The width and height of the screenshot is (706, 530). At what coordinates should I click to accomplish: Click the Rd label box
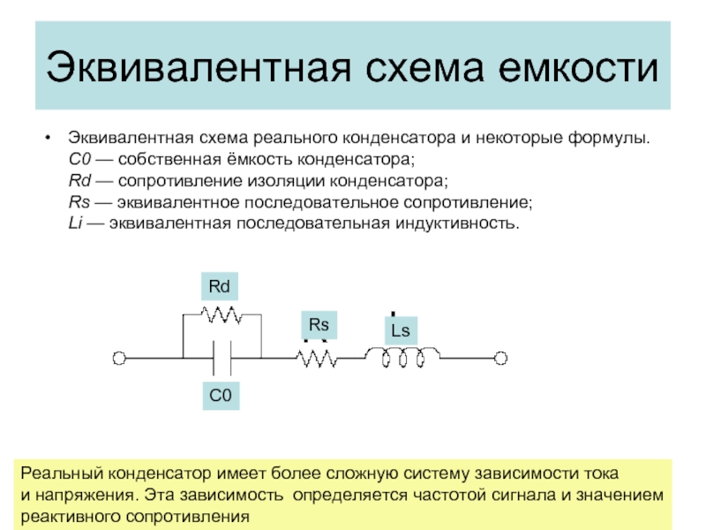click(x=219, y=287)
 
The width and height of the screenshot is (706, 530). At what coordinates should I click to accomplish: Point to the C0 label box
click(x=221, y=397)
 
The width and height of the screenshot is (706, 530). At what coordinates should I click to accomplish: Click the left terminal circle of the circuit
click(x=118, y=358)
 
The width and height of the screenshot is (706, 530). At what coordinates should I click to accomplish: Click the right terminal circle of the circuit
click(x=501, y=358)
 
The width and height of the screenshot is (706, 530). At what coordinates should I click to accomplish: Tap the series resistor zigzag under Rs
click(x=316, y=358)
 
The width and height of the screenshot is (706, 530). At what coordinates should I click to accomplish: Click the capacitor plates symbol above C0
click(x=221, y=358)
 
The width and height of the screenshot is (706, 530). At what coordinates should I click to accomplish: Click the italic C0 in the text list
click(x=78, y=161)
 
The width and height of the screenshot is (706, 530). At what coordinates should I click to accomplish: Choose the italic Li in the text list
click(x=74, y=223)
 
